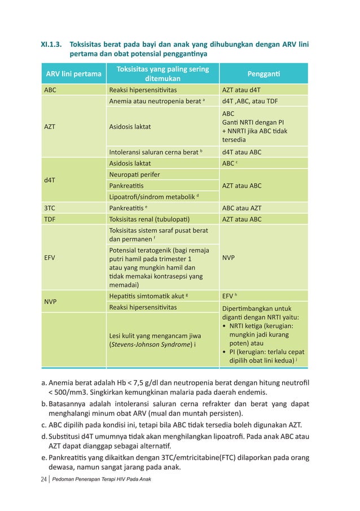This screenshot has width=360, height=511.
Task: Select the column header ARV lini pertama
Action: (74, 74)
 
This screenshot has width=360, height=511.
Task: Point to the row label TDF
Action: (50, 219)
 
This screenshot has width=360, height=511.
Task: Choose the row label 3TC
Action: (50, 208)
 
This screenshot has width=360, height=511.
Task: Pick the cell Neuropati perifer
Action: (134, 174)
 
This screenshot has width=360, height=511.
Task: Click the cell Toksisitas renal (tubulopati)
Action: (149, 219)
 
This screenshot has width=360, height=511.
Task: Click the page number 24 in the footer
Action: (44, 479)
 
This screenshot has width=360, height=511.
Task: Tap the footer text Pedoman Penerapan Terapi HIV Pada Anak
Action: (104, 479)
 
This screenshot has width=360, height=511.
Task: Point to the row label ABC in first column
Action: (51, 90)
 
